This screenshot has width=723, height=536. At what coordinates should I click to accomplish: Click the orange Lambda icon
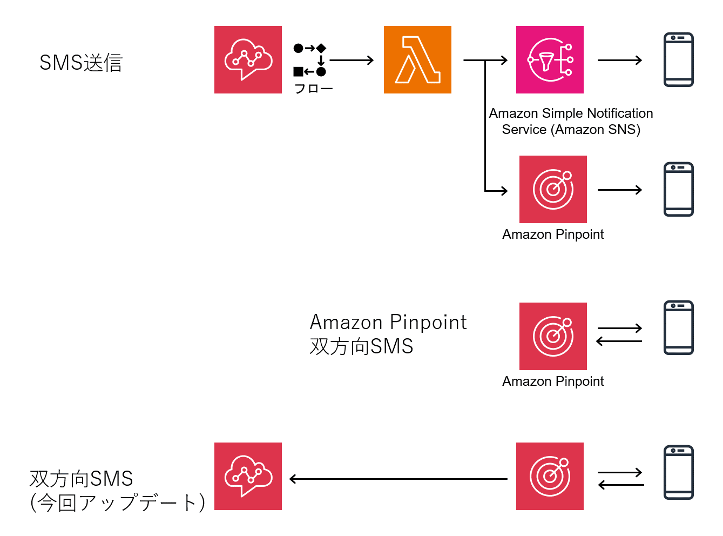coord(417,59)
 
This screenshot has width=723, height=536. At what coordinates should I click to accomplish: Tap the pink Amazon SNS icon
coord(550,59)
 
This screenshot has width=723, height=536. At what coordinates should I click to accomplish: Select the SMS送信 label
coord(81,63)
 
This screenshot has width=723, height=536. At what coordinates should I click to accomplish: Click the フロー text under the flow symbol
coord(313,89)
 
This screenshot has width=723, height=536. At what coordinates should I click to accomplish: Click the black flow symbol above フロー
coord(310,59)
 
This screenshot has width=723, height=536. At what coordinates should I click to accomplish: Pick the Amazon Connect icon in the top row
coord(248,59)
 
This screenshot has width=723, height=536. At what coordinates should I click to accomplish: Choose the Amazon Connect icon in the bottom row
coord(248,476)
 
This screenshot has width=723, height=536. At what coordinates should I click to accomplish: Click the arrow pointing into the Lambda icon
coord(352,60)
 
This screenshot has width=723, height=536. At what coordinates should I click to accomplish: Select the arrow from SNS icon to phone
coord(620,60)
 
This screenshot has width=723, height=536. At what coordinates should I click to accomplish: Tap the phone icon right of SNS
coord(678,59)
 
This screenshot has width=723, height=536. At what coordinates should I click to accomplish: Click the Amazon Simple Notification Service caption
coord(571,122)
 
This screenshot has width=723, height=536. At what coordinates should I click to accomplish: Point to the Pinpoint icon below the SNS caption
coord(553,189)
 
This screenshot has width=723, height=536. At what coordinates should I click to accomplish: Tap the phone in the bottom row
coord(678,472)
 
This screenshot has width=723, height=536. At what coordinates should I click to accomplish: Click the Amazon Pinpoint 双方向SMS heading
coord(388,334)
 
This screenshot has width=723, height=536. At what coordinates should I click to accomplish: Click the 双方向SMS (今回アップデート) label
coord(117,491)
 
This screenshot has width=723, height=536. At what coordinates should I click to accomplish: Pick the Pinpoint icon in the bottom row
coord(550,476)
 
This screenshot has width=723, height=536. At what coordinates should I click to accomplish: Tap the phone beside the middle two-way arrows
coord(678,327)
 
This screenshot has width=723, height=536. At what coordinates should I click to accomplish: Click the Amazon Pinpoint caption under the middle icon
coord(553,381)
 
